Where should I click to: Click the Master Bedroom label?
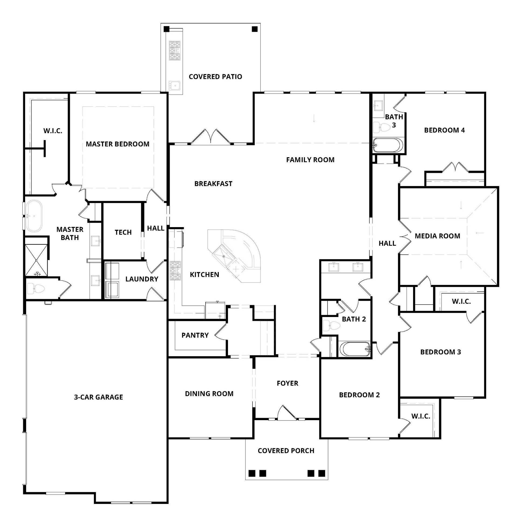[x=118, y=144]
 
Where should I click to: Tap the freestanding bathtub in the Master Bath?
[x=34, y=216]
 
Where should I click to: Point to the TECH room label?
[x=123, y=232]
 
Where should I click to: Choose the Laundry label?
[x=142, y=279]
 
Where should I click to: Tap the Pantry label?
[x=195, y=335]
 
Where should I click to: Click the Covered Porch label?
[x=286, y=451]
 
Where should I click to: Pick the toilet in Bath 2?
[x=331, y=325]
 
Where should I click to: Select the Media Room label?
[x=438, y=236]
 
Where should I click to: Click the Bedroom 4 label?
[x=445, y=130]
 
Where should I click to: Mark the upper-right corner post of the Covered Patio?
[x=255, y=29]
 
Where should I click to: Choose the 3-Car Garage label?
[x=98, y=397]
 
